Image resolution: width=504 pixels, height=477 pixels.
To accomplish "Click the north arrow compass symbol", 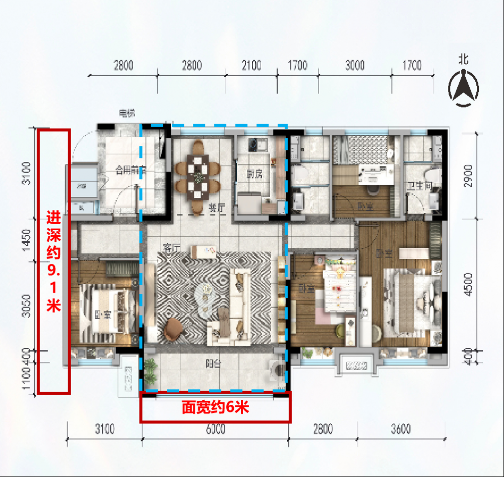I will (x=464, y=88).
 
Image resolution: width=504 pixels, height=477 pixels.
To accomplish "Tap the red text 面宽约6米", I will (x=215, y=408).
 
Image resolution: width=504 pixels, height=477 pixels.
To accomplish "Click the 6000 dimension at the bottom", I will (x=215, y=430).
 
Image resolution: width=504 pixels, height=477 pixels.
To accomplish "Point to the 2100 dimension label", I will (x=251, y=65).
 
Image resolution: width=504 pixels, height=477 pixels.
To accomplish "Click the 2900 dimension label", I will (x=468, y=176).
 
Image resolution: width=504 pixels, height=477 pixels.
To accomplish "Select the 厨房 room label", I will (x=255, y=174).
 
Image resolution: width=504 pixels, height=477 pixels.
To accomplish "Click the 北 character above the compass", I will (x=463, y=59).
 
